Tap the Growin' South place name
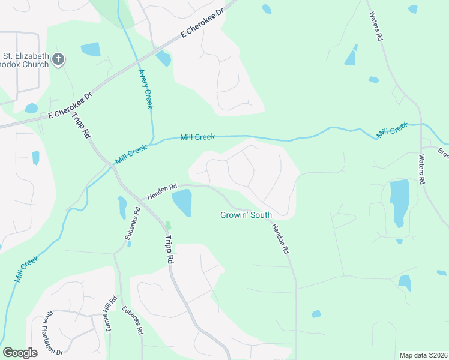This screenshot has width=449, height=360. [x=246, y=215]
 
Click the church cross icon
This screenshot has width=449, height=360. [x=58, y=59]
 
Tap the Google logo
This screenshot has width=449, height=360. [x=20, y=353]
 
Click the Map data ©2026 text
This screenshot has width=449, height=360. [x=424, y=355]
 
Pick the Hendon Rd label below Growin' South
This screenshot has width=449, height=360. [x=280, y=238]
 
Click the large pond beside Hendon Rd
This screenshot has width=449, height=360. [x=182, y=202]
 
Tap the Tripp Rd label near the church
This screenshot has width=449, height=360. [x=82, y=125]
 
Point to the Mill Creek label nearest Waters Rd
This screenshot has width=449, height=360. [x=392, y=129]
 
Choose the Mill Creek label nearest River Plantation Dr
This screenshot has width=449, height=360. [x=26, y=269]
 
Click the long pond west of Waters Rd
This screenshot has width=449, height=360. [x=399, y=201]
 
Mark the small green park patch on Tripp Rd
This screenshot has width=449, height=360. [x=168, y=225]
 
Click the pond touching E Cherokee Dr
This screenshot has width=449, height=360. [x=163, y=58]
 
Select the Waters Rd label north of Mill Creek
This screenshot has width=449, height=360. [x=376, y=26]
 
